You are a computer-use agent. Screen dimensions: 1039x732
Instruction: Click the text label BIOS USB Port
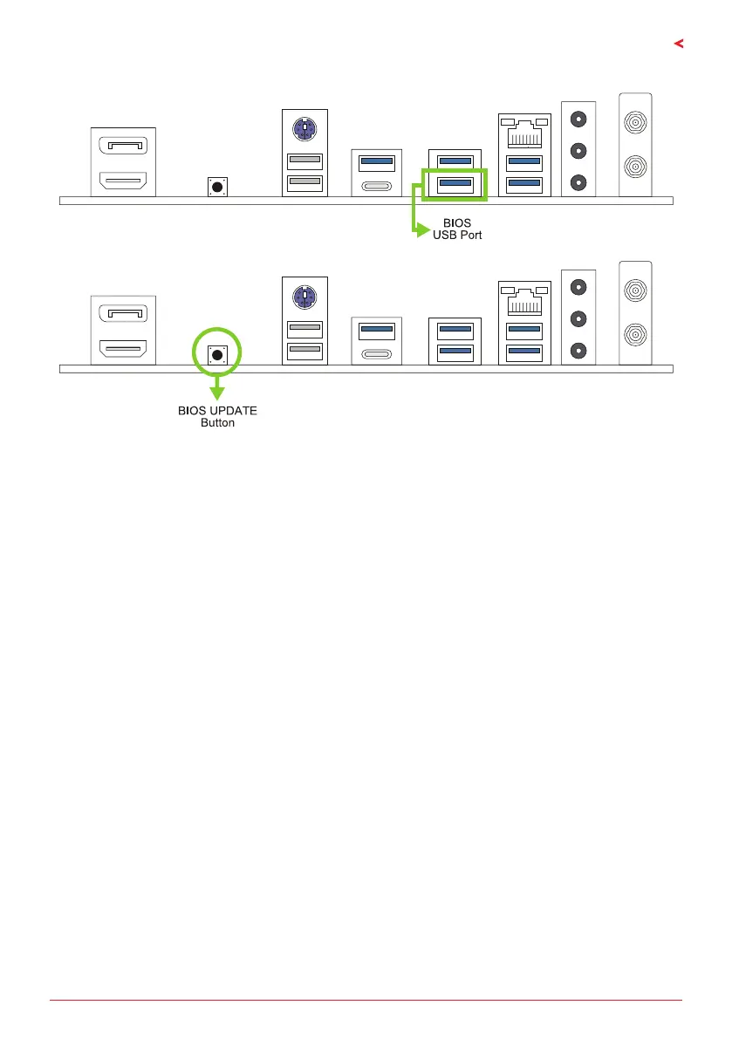(457, 229)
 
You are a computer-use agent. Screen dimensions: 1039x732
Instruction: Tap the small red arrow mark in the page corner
(678, 44)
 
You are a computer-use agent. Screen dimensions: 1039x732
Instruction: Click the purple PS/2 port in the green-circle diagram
(304, 297)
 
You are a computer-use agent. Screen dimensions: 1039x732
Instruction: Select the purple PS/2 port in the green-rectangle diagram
(304, 131)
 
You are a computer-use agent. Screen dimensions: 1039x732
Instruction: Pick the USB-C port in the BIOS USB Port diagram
(376, 184)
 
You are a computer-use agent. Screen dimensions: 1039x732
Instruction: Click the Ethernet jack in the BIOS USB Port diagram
(523, 133)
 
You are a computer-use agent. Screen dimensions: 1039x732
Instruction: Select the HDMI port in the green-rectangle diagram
(122, 181)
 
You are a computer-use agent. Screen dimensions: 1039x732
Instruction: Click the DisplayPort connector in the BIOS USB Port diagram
(122, 144)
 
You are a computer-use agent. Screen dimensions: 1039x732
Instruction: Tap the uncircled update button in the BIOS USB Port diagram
(216, 185)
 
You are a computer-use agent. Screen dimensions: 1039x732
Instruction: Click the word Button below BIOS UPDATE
(217, 423)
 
